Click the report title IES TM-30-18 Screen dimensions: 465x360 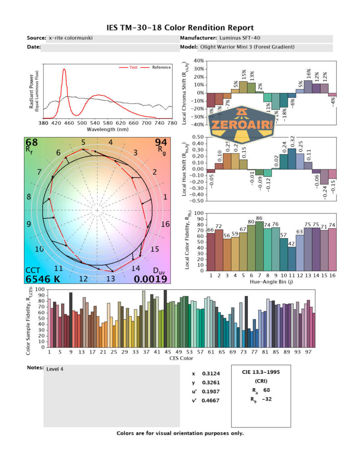click(x=180, y=28)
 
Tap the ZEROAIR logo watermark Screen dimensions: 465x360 click(x=242, y=123)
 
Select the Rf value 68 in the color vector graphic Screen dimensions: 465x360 click(x=32, y=143)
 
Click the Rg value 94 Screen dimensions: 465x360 click(x=161, y=143)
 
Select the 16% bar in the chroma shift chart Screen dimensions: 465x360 click(x=308, y=87)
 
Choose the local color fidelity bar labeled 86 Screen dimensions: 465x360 click(x=259, y=246)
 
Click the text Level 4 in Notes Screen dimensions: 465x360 click(x=55, y=369)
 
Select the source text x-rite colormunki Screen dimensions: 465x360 click(x=71, y=38)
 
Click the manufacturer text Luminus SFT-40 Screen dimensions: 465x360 click(x=241, y=38)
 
